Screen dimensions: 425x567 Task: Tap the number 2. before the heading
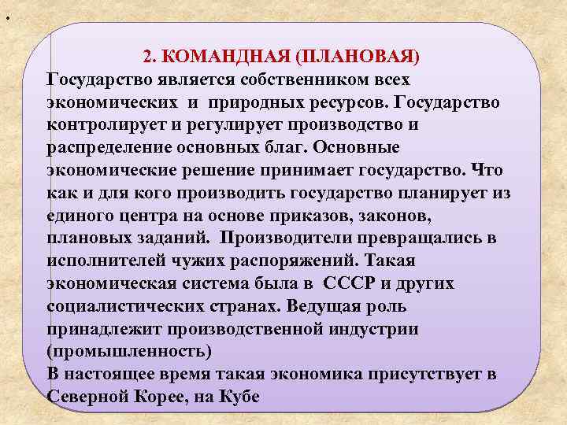click(x=150, y=57)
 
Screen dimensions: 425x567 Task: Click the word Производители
click(x=279, y=238)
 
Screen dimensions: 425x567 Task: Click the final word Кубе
click(x=237, y=396)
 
